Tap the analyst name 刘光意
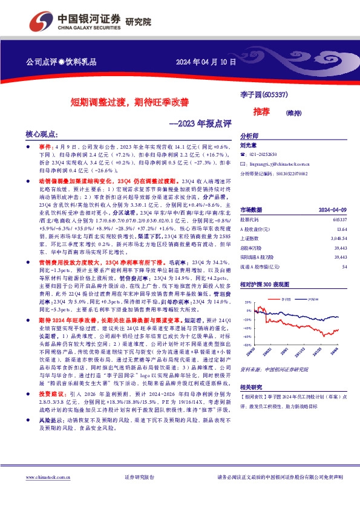coord(249,146)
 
